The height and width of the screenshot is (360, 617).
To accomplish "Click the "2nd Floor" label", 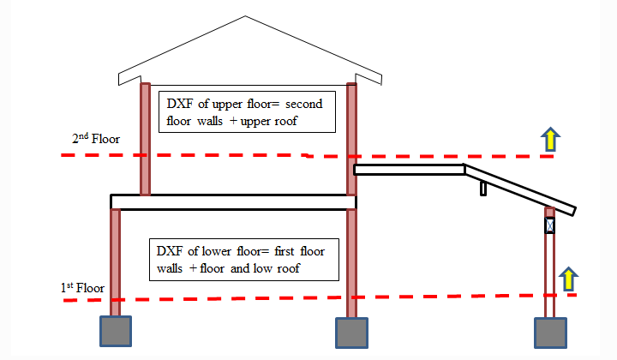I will [x=96, y=138].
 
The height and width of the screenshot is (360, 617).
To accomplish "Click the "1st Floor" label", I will [x=82, y=287].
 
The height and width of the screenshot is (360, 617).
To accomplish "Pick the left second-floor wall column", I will [x=146, y=138].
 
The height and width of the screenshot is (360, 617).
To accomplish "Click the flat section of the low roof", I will [x=410, y=170].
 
